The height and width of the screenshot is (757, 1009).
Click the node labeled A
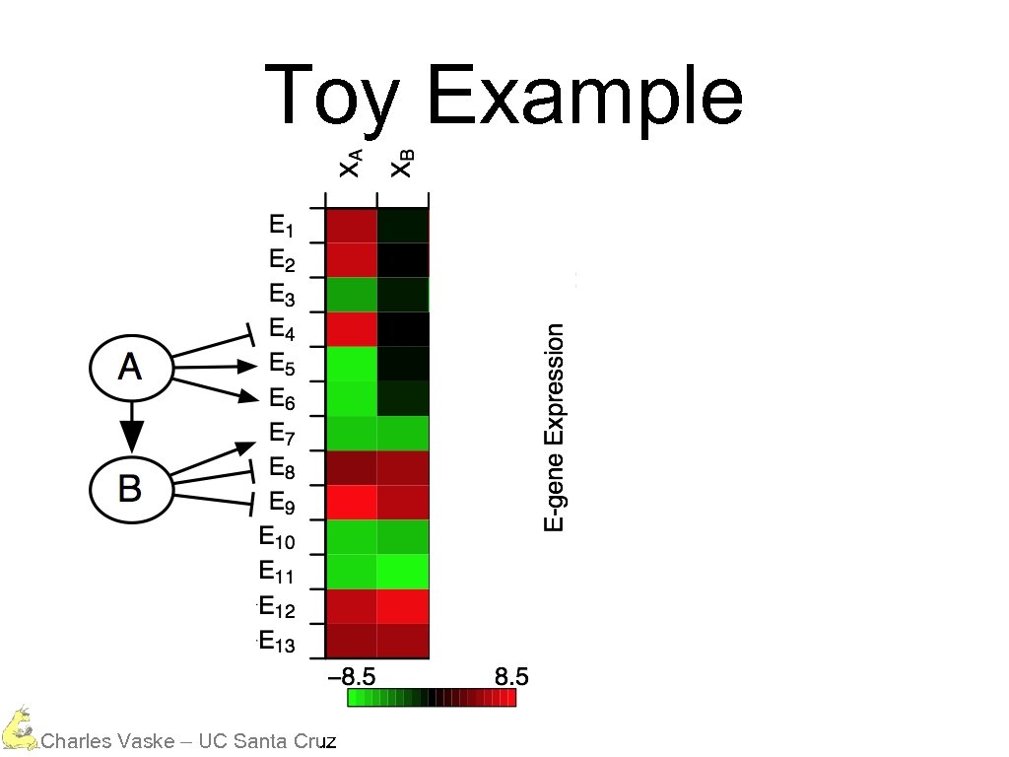(x=130, y=369)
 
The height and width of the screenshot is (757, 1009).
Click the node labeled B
(x=130, y=488)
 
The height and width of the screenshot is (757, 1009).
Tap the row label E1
(x=281, y=226)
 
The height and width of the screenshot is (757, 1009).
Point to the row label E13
(x=276, y=642)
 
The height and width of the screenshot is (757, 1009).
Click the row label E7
(x=282, y=434)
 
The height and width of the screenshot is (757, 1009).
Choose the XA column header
(x=351, y=162)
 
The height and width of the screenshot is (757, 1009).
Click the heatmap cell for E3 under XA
(x=352, y=295)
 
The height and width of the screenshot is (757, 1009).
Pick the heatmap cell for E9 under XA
(x=352, y=502)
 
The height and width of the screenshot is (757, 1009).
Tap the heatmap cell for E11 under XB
(x=403, y=572)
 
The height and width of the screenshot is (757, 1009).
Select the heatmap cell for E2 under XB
(x=403, y=260)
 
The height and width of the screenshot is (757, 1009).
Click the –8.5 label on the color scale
(x=352, y=677)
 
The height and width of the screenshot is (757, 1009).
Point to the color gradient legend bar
(x=432, y=698)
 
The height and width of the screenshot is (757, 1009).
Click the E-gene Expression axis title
(x=556, y=428)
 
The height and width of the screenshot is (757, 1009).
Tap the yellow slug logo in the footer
(x=17, y=729)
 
